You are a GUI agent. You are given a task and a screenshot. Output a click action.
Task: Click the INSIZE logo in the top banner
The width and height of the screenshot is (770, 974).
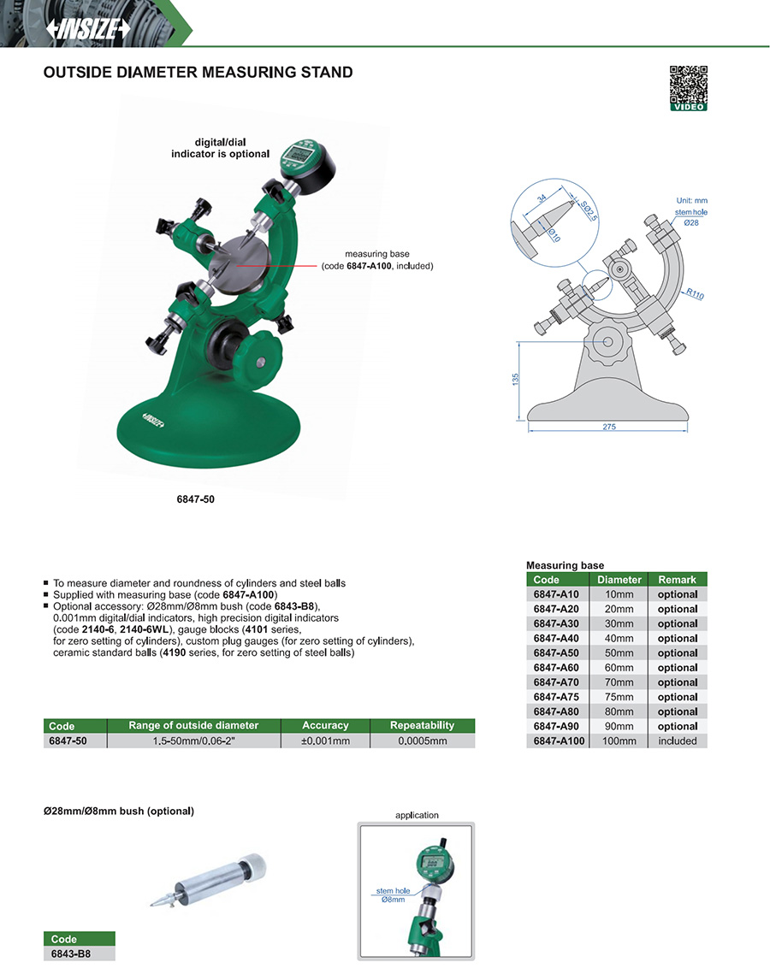pos(88,28)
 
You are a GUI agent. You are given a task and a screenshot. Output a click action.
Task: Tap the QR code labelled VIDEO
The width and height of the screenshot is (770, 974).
pos(689,88)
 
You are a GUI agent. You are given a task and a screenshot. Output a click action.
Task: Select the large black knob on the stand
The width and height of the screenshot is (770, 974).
pos(244,348)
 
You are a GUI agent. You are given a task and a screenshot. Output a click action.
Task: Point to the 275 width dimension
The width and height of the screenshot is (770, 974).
pos(609,427)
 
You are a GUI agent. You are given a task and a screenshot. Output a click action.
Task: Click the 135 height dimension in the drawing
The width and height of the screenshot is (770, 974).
pos(515,379)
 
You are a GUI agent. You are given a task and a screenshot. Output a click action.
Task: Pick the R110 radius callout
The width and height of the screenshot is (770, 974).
pos(695,294)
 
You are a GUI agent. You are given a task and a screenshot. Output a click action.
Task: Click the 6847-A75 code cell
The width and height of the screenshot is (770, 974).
pos(556,697)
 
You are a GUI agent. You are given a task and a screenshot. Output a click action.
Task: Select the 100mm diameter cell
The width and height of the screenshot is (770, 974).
pos(619,741)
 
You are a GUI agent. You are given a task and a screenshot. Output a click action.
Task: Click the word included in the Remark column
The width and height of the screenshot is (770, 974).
pos(678,741)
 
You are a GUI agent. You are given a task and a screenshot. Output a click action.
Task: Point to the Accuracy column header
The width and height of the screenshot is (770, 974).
pos(325,725)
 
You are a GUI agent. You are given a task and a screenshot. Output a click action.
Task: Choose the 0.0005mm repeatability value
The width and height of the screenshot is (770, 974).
pos(423,741)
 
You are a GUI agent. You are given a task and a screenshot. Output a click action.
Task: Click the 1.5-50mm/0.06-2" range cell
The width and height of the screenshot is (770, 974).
pos(194,741)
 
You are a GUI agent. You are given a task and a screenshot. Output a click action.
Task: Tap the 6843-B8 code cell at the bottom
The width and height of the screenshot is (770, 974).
pos(71,953)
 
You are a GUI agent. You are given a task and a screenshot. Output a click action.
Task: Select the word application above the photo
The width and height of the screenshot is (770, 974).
pos(417,815)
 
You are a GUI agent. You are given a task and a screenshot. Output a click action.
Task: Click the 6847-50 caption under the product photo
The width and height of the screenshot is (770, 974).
pos(195,499)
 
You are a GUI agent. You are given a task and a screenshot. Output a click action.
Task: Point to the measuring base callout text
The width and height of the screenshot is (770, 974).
pos(377,260)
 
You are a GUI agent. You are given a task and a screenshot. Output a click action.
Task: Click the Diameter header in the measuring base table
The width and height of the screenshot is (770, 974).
pos(619,580)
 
